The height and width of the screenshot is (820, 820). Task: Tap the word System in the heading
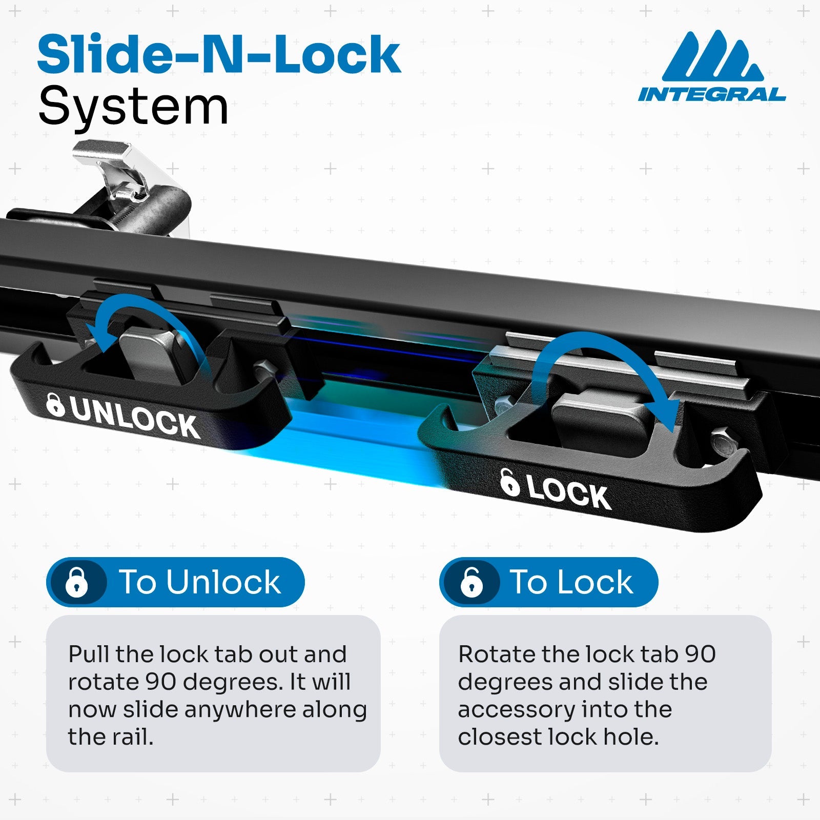coord(133,107)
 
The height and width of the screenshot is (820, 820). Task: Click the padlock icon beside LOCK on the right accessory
coord(509,483)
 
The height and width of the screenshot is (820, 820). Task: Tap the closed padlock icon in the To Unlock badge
coord(77,583)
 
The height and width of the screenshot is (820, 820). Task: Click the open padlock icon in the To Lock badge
coord(471,583)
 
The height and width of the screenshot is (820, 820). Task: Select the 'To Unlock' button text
coord(200,582)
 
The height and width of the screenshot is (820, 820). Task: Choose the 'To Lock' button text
coord(571,582)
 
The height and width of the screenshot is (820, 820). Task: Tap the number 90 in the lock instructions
coord(700,654)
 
